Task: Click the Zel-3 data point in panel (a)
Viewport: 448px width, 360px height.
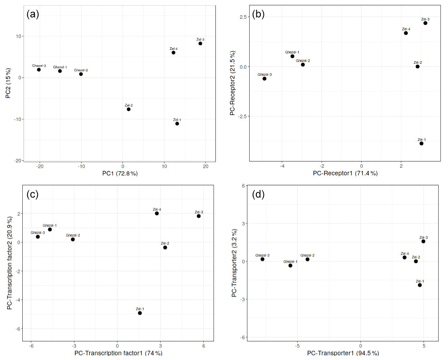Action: (200, 44)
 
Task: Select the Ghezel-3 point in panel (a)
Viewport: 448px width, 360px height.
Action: (39, 70)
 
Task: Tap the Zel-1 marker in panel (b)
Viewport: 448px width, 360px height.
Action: (421, 144)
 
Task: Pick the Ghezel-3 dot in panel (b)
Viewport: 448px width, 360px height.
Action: (264, 79)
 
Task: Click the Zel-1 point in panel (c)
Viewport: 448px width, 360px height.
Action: (140, 313)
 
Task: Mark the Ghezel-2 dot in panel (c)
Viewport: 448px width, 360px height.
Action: (73, 240)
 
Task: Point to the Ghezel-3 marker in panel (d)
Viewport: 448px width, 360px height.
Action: (263, 259)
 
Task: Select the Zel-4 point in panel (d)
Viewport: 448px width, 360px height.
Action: (404, 257)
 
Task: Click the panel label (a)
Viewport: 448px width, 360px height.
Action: (33, 14)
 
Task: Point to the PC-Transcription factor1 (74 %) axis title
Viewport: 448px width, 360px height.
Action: (118, 354)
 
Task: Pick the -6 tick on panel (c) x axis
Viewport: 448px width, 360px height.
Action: (31, 346)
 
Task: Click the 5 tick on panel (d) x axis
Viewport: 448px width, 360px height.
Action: (424, 346)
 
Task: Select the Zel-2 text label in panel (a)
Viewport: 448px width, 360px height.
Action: (129, 106)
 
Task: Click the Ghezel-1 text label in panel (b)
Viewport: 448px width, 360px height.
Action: (292, 52)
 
